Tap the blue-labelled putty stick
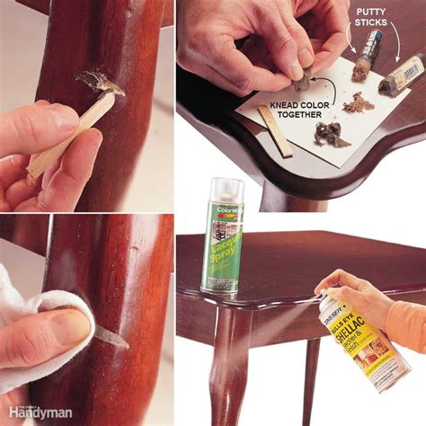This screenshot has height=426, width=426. coord(370,54)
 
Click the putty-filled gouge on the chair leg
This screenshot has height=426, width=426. coord(101,83)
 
